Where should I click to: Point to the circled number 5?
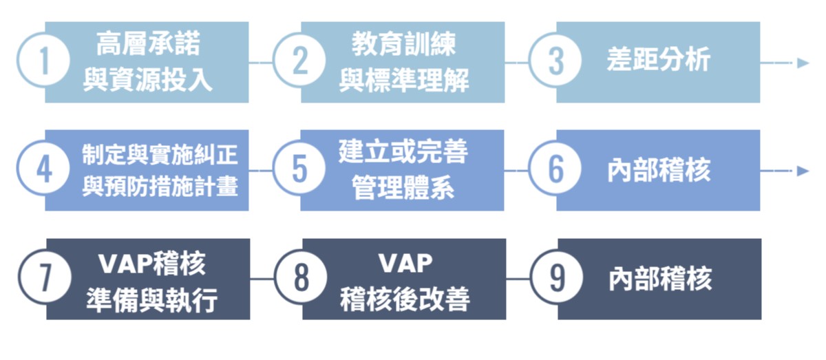(300, 170)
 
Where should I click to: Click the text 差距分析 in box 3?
(659, 61)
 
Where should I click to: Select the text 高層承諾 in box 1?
(148, 45)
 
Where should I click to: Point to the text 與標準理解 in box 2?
(404, 81)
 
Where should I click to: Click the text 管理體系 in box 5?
(403, 188)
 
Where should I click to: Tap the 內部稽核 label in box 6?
(659, 170)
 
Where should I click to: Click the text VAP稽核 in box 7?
(151, 264)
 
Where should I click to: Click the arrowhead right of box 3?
(803, 63)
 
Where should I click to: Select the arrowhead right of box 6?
(803, 171)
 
